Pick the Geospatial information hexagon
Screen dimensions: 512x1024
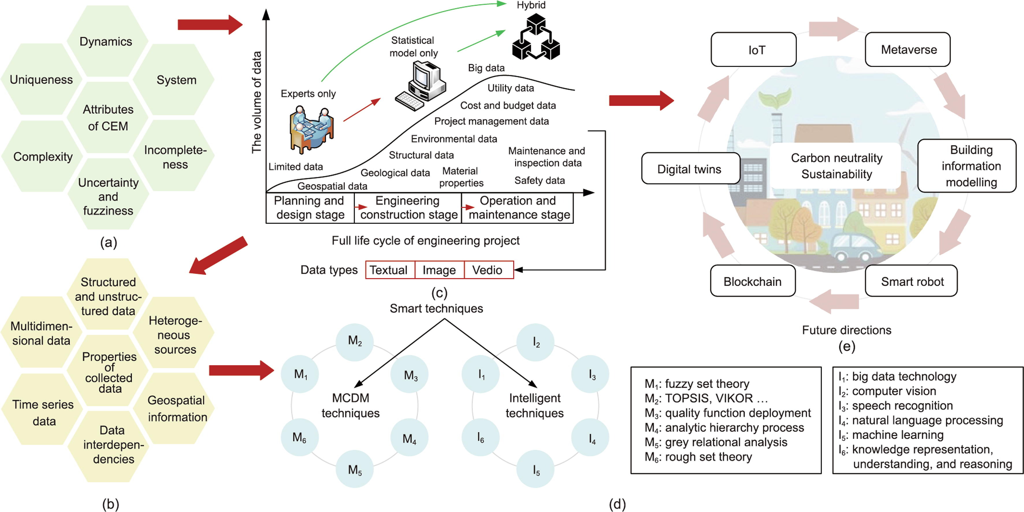point(176,408)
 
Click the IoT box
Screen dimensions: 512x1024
point(753,50)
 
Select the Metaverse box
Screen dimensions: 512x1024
point(908,50)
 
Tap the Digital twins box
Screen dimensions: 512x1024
point(690,169)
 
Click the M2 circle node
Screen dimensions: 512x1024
point(355,341)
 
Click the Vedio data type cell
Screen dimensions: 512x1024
point(488,270)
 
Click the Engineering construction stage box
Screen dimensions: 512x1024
point(408,208)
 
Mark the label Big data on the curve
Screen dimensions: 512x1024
point(486,68)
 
